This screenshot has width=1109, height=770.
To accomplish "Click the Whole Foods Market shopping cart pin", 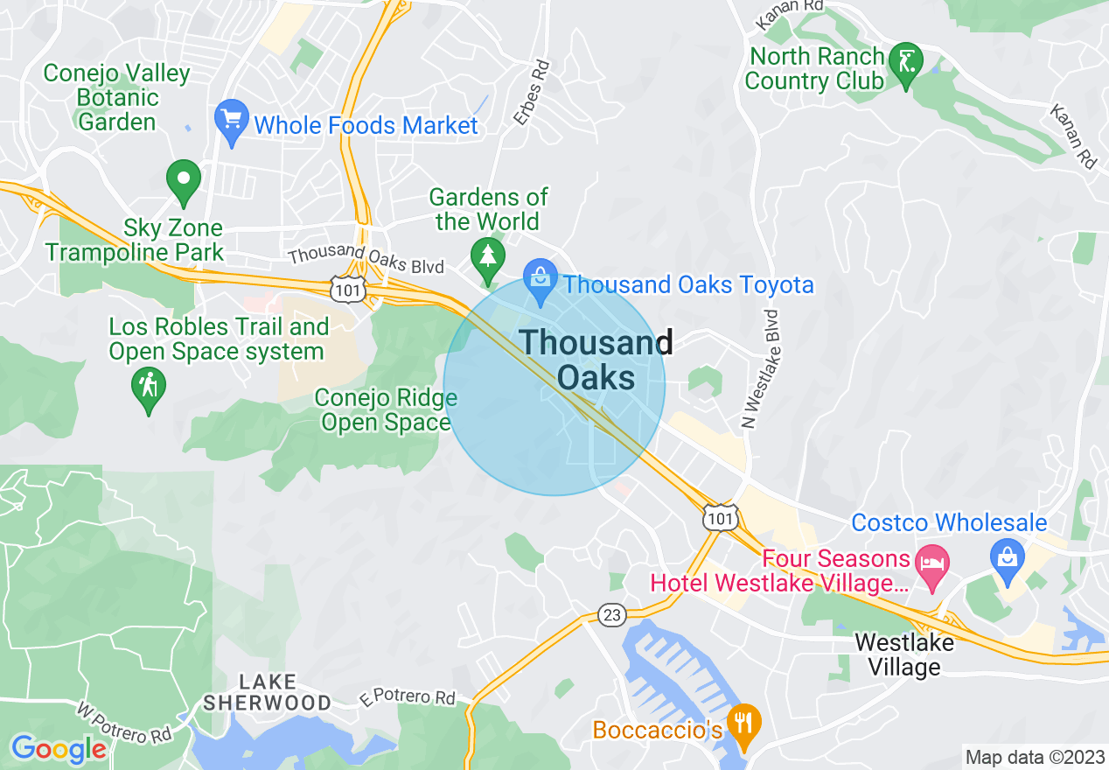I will coord(231,121).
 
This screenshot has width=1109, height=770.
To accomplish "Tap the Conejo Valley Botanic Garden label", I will coord(116,97).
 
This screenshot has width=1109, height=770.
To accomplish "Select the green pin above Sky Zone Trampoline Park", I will coord(184,178).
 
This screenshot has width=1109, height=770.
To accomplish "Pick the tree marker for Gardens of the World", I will coord(486,256).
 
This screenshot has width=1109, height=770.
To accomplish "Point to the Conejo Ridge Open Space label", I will coord(385,410).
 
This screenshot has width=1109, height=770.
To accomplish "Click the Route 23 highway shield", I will coord(612,615).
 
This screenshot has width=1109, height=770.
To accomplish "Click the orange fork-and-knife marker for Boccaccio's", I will coord(744,724).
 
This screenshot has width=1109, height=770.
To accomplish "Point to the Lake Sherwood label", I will coord(267,692).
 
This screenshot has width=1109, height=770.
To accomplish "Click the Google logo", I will coord(58,749).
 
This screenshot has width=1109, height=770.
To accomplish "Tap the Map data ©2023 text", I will coord(1033,756).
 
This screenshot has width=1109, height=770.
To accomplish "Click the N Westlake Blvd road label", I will coord(759,368).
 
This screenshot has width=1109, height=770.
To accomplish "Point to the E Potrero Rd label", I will coord(408,697).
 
